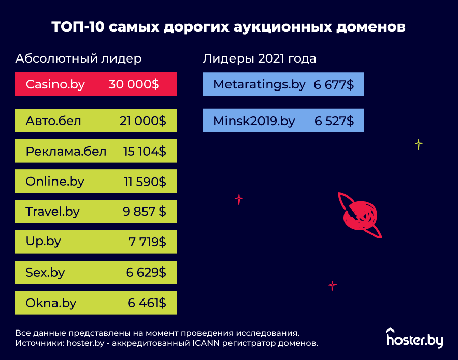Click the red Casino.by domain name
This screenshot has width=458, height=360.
55,84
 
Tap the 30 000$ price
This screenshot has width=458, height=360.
134,84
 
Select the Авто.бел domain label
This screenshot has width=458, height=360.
53,121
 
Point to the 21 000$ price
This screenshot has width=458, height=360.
142,121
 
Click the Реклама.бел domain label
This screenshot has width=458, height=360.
66,151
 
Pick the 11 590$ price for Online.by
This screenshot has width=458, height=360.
145,182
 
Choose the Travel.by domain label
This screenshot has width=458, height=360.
53,212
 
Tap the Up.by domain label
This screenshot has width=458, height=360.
43,241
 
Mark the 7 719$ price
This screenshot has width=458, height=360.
147,242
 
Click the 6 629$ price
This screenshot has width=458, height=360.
146,273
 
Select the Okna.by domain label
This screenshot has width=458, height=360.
51,303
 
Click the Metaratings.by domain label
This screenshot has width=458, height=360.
260,84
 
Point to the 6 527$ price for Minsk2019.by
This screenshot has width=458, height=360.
334,121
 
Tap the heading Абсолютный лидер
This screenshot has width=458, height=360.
78,58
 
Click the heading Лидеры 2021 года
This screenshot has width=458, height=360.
259,58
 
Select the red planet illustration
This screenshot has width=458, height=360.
360,214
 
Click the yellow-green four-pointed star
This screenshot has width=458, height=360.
418,145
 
